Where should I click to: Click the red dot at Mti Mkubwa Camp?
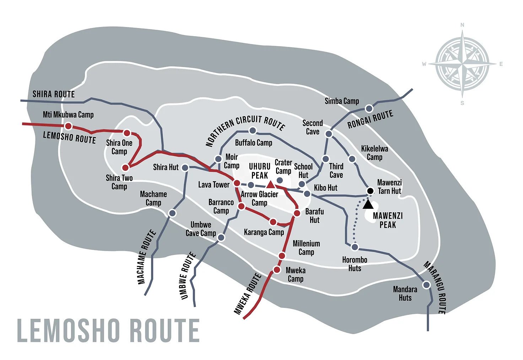click(68, 126)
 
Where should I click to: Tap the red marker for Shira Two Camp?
click(125, 167)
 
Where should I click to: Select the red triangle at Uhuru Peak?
click(270, 184)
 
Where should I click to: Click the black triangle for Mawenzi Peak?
click(368, 204)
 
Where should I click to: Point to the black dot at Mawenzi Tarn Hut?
click(370, 191)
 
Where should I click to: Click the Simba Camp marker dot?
click(370, 108)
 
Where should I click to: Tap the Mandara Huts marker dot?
click(426, 285)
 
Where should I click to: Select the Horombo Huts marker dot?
click(355, 247)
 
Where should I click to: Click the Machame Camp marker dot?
click(172, 213)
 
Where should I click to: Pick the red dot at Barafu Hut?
click(297, 213)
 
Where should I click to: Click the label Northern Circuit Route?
click(245, 130)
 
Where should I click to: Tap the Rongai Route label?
click(370, 119)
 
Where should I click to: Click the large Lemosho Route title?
click(108, 331)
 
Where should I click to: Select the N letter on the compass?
click(462, 25)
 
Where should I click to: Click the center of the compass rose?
click(462, 64)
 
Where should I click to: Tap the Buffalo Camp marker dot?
click(253, 131)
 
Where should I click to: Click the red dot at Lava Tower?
click(237, 183)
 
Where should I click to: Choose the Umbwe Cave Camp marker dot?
click(221, 238)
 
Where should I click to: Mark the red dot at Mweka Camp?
click(277, 270)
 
